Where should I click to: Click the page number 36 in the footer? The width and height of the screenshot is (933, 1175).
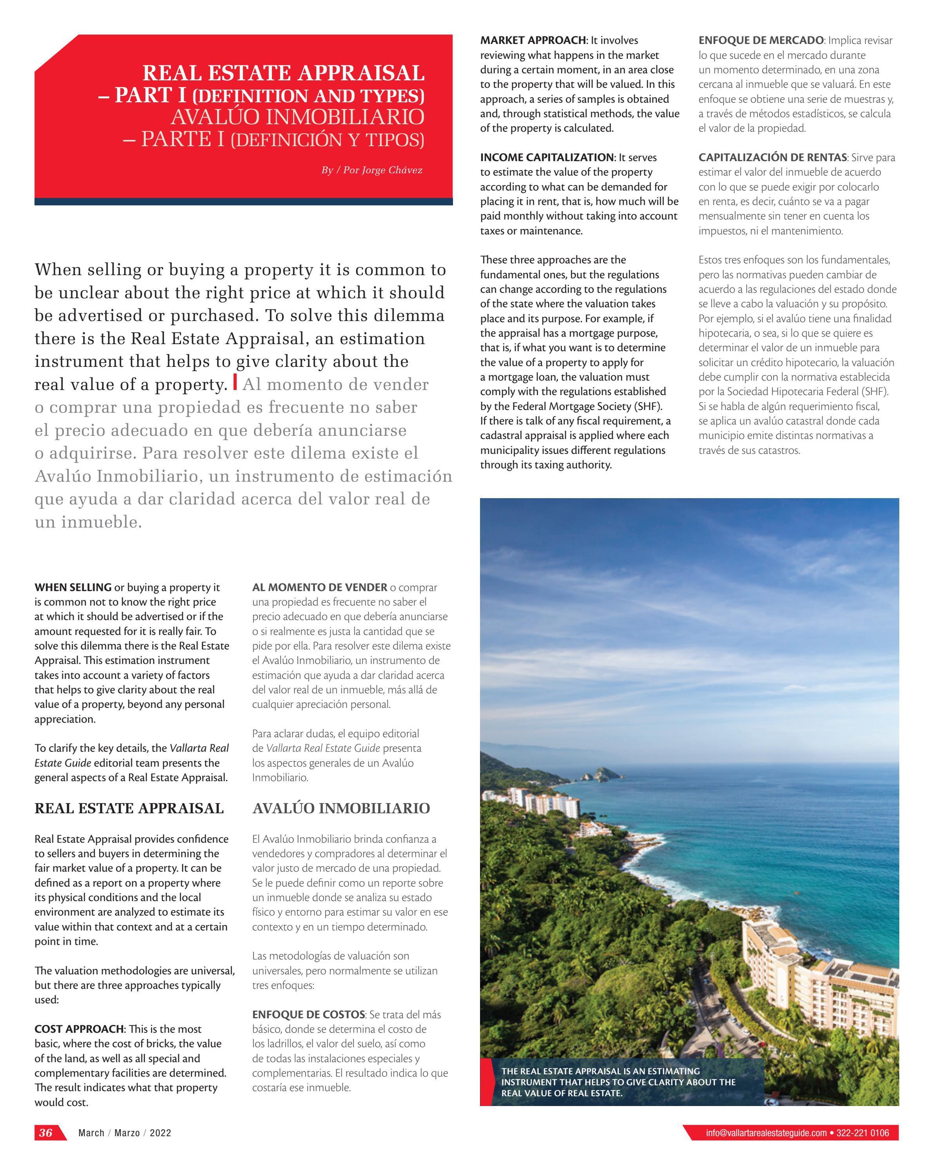[46, 1133]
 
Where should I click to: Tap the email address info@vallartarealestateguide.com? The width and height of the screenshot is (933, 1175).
[766, 1133]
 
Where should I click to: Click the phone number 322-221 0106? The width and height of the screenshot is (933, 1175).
[863, 1133]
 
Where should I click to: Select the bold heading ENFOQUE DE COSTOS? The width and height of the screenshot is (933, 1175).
[308, 1014]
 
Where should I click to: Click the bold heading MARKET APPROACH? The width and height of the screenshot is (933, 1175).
[533, 40]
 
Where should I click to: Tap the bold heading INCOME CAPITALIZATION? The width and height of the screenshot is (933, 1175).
[547, 158]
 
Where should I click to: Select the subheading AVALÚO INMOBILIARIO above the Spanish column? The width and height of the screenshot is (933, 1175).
[341, 808]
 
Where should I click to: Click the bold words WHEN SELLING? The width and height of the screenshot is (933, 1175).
[73, 587]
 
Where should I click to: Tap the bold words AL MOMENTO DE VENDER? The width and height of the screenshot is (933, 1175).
[319, 587]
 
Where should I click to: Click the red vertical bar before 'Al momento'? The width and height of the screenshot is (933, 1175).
[235, 382]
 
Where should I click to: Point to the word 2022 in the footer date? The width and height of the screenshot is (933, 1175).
[160, 1133]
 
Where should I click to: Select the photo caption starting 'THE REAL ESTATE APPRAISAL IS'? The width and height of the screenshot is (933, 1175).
[618, 1082]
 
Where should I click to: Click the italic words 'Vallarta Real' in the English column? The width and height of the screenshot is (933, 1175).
[199, 748]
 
